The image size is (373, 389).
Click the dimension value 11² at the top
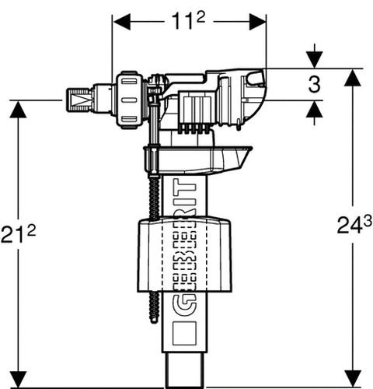tap(188, 21)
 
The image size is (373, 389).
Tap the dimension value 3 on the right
tap(314, 84)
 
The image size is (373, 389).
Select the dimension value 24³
tap(354, 225)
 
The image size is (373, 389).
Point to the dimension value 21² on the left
tap(18, 234)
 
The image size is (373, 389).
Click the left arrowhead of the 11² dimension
tap(122, 22)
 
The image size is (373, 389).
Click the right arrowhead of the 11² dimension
tap(257, 22)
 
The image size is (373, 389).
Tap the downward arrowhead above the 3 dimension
tap(314, 60)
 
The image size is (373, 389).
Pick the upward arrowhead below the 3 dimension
tap(314, 109)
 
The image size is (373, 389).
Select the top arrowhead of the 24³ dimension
tap(353, 78)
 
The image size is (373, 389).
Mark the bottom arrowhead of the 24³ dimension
tap(353, 379)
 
